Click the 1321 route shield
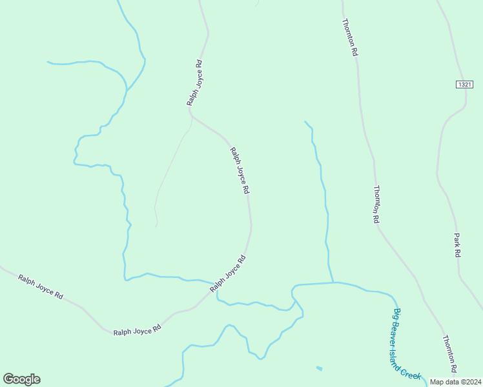464,84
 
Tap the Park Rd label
457,245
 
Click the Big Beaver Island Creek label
407,343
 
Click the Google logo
21,379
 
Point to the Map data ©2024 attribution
456,381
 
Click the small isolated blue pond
320,368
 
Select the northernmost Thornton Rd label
349,37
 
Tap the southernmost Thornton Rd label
449,353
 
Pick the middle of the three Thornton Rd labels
376,204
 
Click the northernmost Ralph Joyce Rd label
195,83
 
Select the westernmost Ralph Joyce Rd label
41,287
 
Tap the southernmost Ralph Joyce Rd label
137,331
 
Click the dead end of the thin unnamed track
157,226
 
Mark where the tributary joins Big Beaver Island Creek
333,283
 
